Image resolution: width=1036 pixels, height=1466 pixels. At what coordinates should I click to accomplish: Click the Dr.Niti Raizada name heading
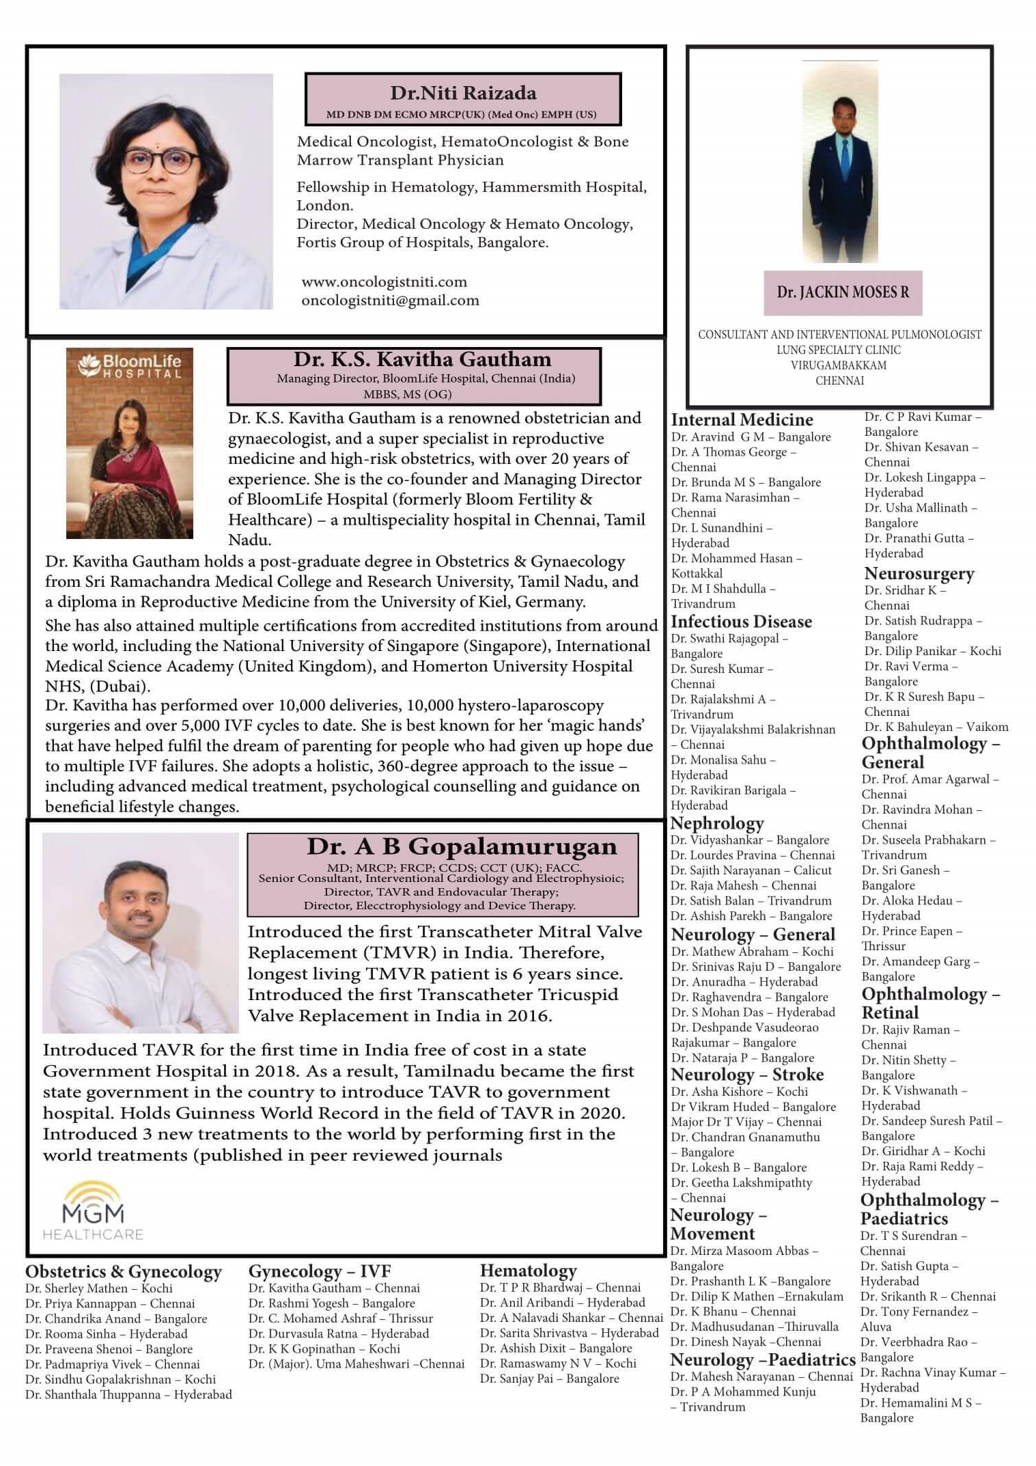pyautogui.click(x=463, y=93)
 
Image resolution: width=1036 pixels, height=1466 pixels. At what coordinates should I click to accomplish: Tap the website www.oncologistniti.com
pyautogui.click(x=384, y=281)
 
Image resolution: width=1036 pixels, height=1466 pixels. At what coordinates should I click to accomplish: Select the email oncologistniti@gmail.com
pyautogui.click(x=390, y=300)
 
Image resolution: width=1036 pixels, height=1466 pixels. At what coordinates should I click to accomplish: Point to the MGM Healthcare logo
pyautogui.click(x=94, y=1211)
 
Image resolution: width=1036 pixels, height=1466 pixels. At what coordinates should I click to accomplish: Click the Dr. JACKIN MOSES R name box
pyautogui.click(x=842, y=292)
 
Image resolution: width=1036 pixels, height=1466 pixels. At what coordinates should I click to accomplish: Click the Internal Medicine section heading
pyautogui.click(x=742, y=419)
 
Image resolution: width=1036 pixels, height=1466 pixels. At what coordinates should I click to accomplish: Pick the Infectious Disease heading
pyautogui.click(x=741, y=622)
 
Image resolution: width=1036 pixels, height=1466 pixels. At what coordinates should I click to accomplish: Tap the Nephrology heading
pyautogui.click(x=717, y=823)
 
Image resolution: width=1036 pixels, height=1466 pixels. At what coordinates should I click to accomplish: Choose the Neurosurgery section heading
pyautogui.click(x=919, y=574)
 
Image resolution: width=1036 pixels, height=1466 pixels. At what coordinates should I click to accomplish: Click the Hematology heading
pyautogui.click(x=528, y=1271)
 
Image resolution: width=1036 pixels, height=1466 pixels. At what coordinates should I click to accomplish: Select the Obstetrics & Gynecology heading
pyautogui.click(x=124, y=1271)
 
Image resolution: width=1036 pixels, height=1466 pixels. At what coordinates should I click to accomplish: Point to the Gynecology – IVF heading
pyautogui.click(x=319, y=1271)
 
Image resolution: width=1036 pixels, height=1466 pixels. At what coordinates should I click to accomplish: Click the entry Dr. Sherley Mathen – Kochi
pyautogui.click(x=99, y=1288)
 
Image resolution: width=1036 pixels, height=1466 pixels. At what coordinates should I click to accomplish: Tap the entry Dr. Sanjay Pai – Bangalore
pyautogui.click(x=549, y=1379)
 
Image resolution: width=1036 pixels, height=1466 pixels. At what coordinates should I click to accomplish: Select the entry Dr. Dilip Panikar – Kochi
pyautogui.click(x=932, y=651)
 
